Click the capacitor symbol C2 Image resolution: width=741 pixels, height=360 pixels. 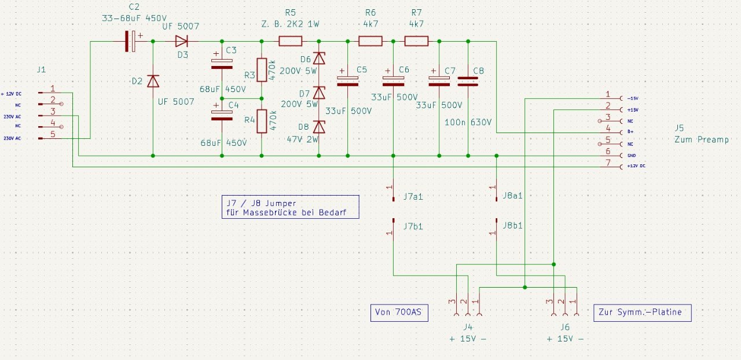133,41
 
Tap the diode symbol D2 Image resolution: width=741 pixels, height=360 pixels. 153,81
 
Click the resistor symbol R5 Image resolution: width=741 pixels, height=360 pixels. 290,41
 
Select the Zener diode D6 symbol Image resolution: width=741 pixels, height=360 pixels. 318,58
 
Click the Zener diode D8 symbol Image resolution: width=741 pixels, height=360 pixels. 318,127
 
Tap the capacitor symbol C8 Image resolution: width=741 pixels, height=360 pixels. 468,81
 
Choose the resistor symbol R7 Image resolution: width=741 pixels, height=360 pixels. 416,41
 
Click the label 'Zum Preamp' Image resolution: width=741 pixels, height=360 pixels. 702,139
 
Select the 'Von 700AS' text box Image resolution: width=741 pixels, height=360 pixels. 399,313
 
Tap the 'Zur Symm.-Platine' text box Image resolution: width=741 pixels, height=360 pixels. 642,313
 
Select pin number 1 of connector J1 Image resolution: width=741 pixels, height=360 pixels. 53,89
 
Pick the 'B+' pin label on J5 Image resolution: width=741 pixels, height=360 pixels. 630,133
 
